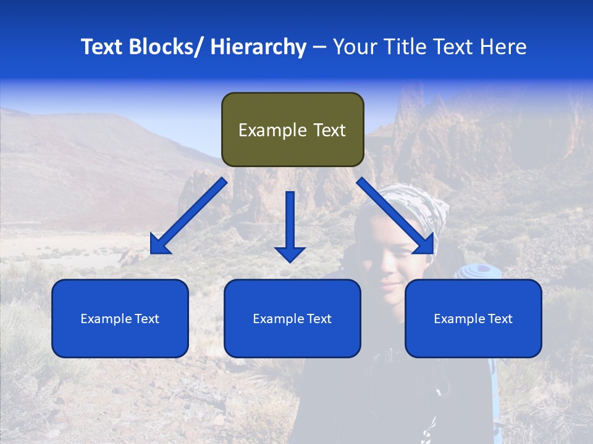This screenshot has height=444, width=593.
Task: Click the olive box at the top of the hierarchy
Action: [292, 129]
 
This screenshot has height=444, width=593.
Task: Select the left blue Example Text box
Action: [120, 318]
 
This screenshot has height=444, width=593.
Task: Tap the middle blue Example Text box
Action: [292, 318]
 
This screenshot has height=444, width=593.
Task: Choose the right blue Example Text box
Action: [473, 318]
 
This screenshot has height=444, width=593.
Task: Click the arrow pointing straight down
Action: [290, 226]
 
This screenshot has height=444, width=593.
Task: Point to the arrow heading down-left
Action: [188, 216]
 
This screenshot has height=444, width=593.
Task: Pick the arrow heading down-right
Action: [395, 216]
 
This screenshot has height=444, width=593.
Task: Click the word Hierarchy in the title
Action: [258, 47]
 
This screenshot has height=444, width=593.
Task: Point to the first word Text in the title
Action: [101, 47]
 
